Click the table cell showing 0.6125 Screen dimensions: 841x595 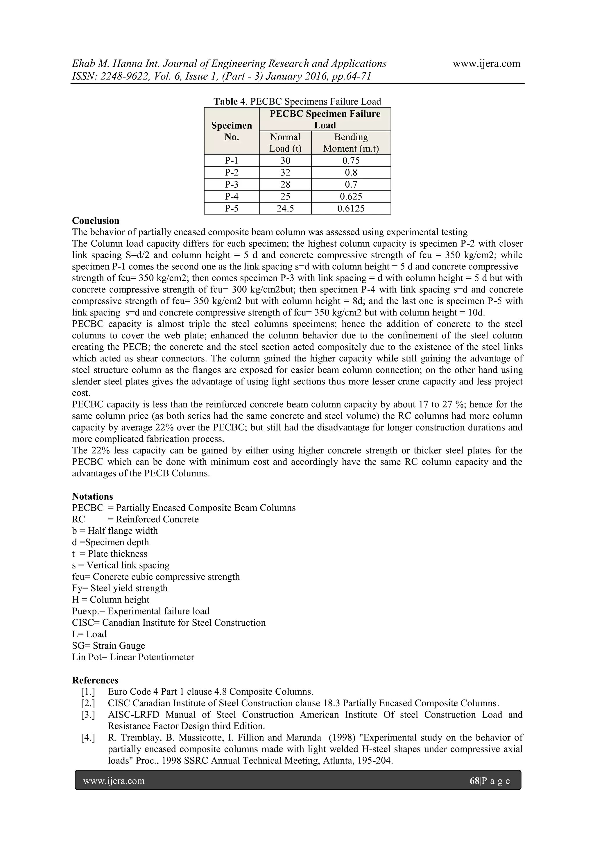(351, 208)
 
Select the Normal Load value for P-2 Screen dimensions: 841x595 (285, 173)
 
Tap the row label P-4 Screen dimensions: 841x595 (232, 196)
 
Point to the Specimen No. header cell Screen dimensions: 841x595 (232, 131)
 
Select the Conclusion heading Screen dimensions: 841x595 (96, 220)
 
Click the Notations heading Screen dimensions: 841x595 (92, 496)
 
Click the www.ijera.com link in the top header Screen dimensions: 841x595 (486, 63)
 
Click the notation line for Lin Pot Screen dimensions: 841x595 (133, 657)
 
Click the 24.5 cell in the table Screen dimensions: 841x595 (285, 208)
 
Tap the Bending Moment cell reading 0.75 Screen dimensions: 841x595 (351, 160)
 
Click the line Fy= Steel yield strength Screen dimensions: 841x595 (120, 588)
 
